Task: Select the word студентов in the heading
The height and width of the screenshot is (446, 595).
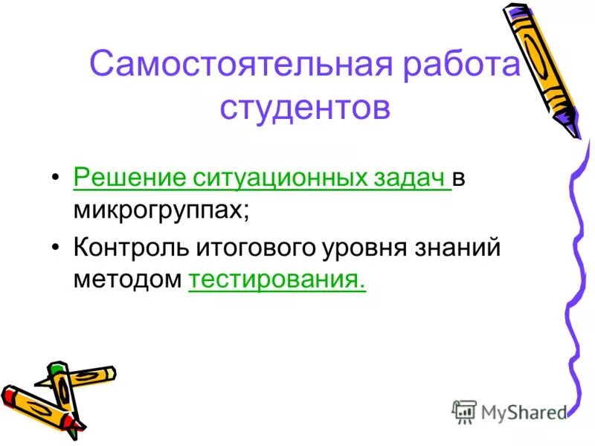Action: click(305, 108)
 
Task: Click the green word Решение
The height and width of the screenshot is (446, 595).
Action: click(129, 179)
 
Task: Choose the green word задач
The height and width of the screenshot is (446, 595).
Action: click(410, 179)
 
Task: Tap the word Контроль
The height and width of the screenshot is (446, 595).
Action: click(132, 248)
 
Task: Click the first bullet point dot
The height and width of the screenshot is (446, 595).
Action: click(57, 180)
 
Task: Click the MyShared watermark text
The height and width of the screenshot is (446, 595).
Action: click(521, 412)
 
